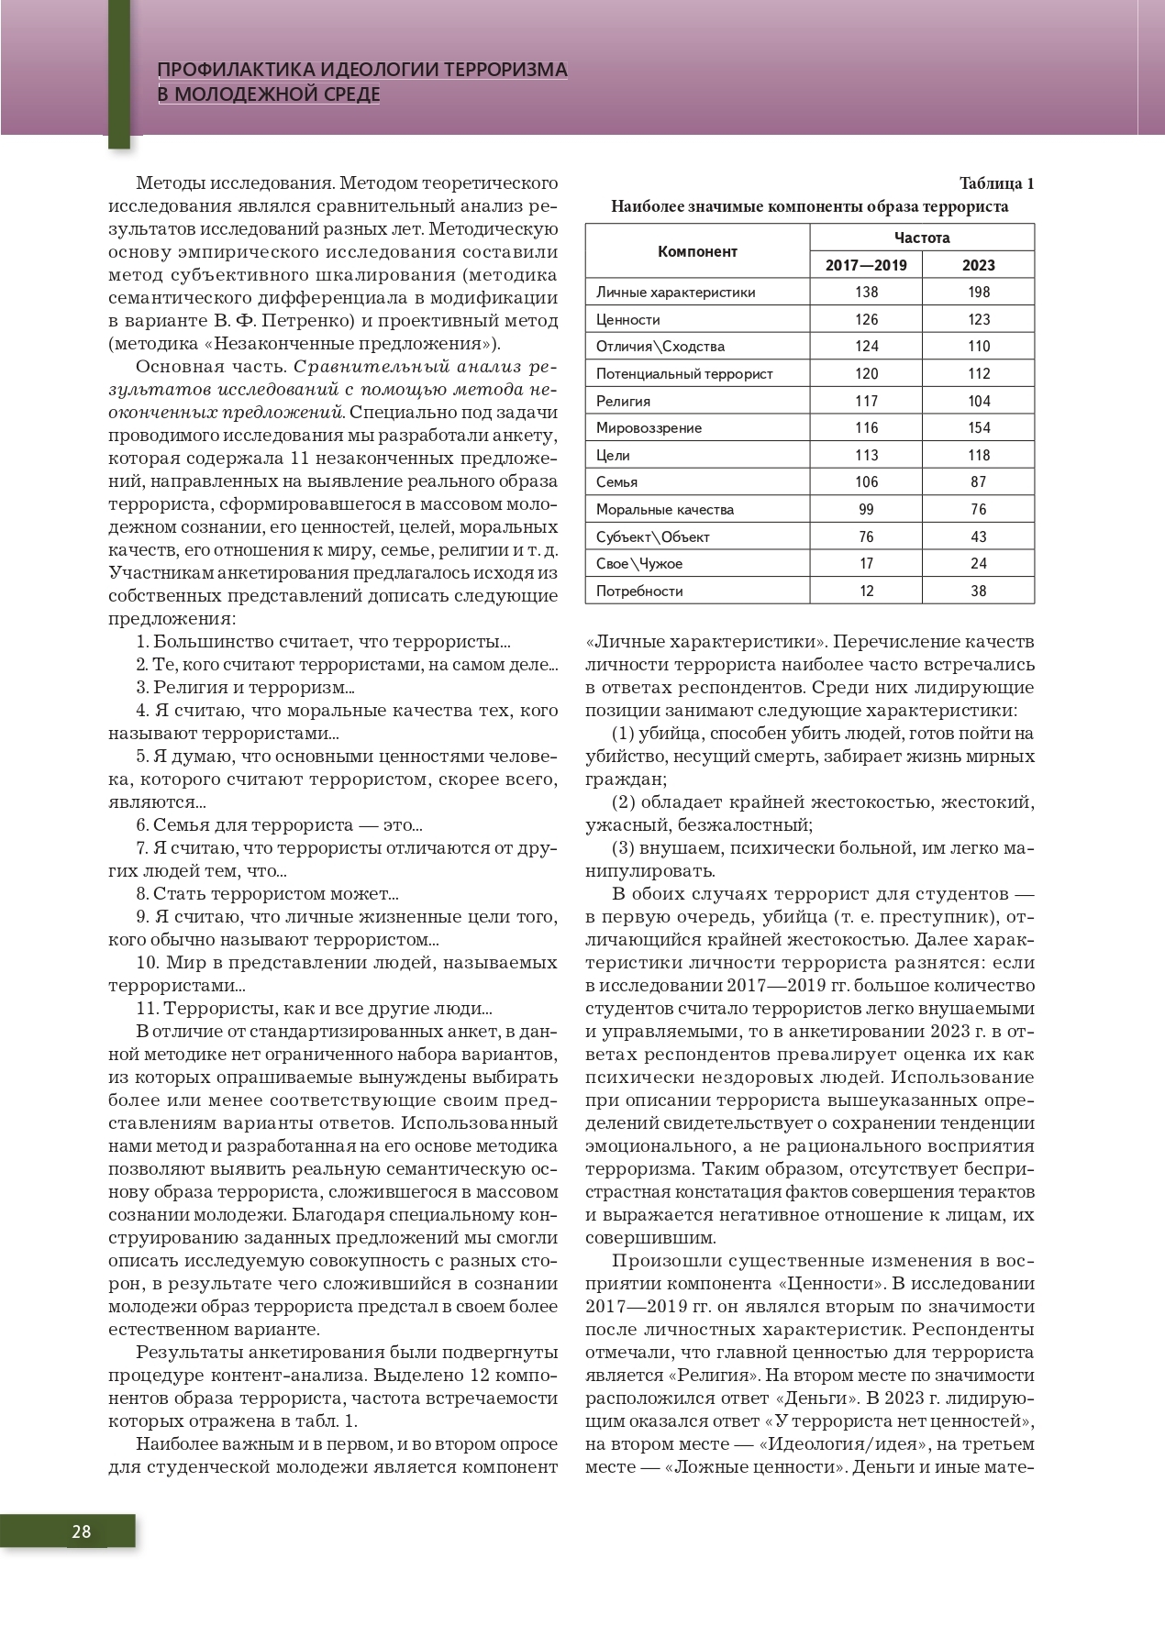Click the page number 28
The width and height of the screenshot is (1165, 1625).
tap(81, 1531)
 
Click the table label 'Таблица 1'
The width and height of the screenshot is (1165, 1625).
tap(996, 182)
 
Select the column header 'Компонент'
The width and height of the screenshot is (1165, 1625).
tap(697, 251)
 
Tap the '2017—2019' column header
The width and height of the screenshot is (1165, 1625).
tap(866, 265)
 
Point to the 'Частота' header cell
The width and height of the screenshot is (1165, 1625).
tap(922, 238)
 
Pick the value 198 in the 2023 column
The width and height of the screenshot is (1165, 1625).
tap(979, 292)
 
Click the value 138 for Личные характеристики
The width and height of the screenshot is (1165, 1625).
tap(866, 292)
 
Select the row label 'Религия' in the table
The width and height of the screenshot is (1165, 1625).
tap(623, 401)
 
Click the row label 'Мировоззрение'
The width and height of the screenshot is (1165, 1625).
tap(649, 427)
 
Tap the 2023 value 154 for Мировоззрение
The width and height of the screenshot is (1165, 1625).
tap(979, 427)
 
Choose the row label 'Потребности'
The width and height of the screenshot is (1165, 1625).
tap(639, 591)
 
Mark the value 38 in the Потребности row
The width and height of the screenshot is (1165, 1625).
tap(979, 591)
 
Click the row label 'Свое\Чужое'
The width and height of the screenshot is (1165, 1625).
tap(639, 563)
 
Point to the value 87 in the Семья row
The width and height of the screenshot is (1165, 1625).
tap(979, 481)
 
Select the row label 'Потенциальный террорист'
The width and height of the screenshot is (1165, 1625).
tap(684, 373)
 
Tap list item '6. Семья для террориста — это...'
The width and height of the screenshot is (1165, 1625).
tap(279, 824)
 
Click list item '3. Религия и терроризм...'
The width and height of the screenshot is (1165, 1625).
tap(245, 687)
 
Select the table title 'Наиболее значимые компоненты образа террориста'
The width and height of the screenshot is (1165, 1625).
tap(809, 206)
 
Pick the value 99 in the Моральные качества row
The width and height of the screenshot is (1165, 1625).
tap(866, 509)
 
